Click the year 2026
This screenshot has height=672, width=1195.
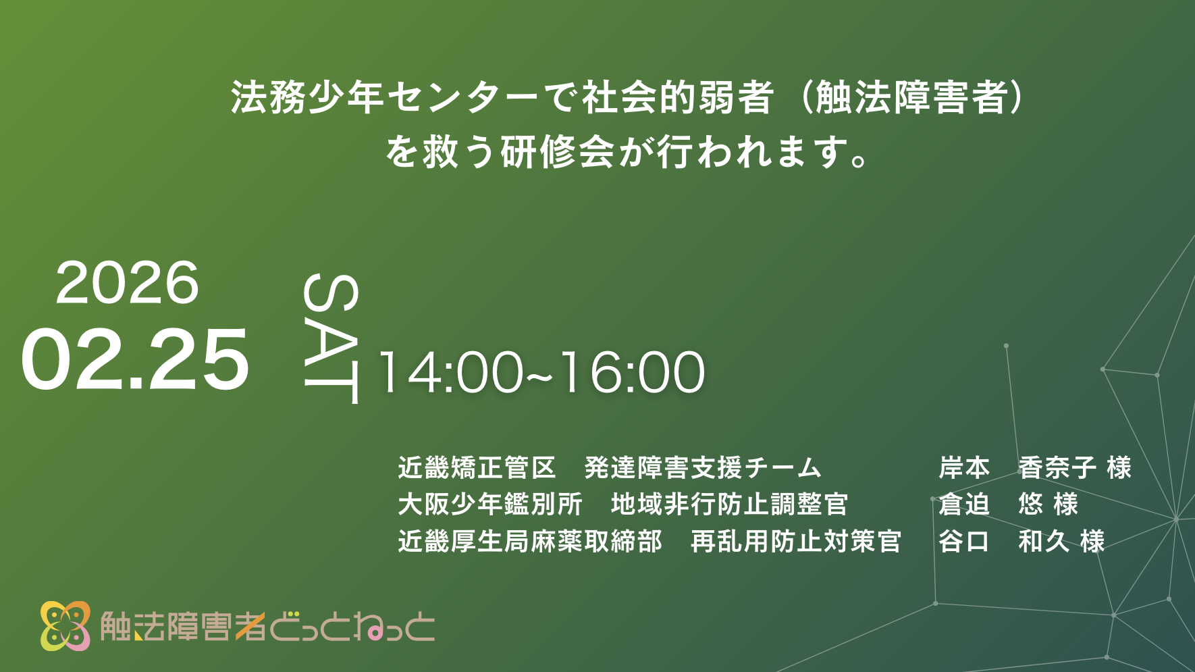pyautogui.click(x=127, y=282)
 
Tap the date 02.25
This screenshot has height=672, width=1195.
pyautogui.click(x=135, y=359)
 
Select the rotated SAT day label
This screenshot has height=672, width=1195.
pyautogui.click(x=331, y=338)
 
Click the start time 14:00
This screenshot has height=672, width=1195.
pyautogui.click(x=451, y=372)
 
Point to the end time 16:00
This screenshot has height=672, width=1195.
pyautogui.click(x=633, y=372)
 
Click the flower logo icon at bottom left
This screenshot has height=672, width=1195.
pyautogui.click(x=65, y=625)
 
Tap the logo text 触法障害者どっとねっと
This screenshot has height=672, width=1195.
pyautogui.click(x=267, y=626)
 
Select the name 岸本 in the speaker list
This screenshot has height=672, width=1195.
pyautogui.click(x=963, y=467)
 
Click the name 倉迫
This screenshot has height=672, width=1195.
pyautogui.click(x=963, y=504)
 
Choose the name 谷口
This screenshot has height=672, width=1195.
pyautogui.click(x=963, y=541)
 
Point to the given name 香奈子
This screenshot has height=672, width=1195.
pyautogui.click(x=1057, y=467)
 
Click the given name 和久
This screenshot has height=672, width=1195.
pyautogui.click(x=1044, y=541)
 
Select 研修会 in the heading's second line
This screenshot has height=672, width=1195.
pyautogui.click(x=558, y=151)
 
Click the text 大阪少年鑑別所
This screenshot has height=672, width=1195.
pyautogui.click(x=490, y=504)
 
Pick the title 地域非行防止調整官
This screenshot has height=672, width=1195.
pyautogui.click(x=729, y=504)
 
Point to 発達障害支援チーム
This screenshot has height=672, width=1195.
pyautogui.click(x=703, y=467)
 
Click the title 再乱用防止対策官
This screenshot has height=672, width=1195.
pyautogui.click(x=796, y=541)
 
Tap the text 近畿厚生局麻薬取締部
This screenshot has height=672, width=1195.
pyautogui.click(x=530, y=541)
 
